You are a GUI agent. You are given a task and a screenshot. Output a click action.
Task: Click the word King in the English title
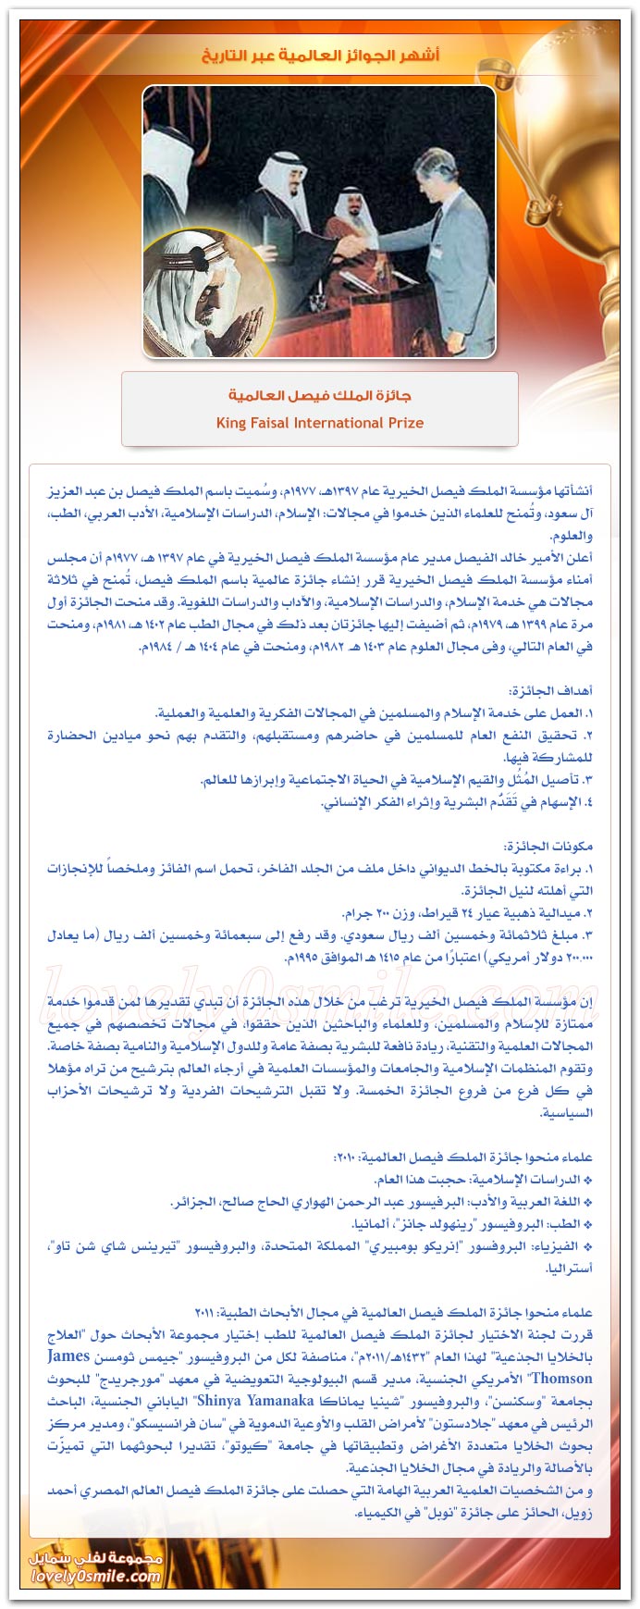232,423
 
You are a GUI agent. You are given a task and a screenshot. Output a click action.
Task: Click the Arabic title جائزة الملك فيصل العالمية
320,395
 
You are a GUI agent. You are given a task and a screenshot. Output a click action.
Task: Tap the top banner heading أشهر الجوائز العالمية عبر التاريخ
320,56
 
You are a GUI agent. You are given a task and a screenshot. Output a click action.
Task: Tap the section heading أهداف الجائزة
551,690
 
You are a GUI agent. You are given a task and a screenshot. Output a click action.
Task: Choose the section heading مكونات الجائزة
550,846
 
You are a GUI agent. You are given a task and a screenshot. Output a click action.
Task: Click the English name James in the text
68,1356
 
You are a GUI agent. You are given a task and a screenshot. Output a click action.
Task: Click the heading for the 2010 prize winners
463,1157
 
